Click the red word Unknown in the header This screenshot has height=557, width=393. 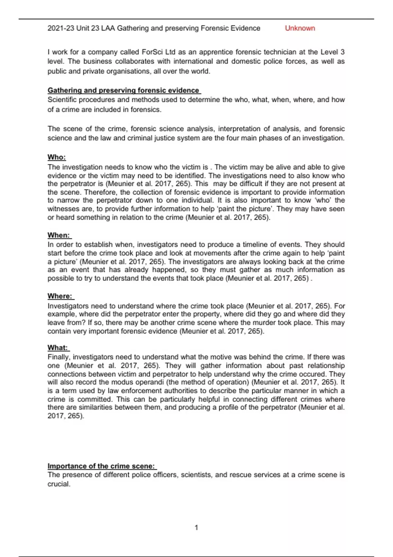[300, 28]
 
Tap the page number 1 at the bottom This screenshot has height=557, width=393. [196, 528]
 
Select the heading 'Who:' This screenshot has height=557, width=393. [57, 157]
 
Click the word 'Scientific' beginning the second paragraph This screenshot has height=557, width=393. [62, 100]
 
